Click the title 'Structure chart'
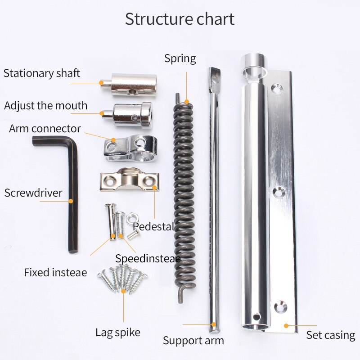[180, 19]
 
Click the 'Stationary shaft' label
[42, 73]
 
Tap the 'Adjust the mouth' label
[45, 106]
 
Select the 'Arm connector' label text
[45, 129]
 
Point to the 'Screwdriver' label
[33, 193]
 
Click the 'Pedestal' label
[153, 226]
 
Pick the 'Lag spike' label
[118, 333]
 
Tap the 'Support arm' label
[193, 341]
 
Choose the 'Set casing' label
[331, 335]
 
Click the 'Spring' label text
[180, 58]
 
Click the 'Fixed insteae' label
[55, 272]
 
